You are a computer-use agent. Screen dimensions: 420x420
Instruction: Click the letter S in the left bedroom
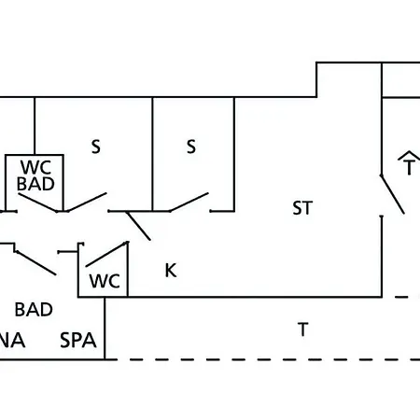point(96,147)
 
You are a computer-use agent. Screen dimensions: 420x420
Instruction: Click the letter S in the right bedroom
point(191,147)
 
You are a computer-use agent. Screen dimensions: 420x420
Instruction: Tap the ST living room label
point(302,208)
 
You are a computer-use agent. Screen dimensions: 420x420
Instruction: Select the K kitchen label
point(171,271)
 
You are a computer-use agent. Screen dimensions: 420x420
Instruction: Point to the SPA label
point(78,340)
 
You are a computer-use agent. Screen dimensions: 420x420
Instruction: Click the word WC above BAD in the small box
point(35,167)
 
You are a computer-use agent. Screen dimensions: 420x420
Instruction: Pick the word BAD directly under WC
point(35,184)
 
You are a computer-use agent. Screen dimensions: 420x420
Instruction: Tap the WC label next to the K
point(105,281)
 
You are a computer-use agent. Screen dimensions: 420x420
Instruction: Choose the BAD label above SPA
point(34,310)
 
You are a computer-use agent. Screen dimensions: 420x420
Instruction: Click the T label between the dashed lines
point(303,329)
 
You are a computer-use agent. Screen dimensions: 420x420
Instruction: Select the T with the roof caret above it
point(410,167)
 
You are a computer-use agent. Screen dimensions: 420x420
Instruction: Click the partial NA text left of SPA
point(12,340)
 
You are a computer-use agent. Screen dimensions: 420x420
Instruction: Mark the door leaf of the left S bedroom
point(87,203)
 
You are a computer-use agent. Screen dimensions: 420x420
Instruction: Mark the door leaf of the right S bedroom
point(189,203)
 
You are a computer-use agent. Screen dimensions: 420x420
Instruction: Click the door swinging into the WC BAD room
point(37,203)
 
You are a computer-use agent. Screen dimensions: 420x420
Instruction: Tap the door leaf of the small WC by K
point(106,254)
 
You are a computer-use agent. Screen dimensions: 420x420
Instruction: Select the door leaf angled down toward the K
point(138,226)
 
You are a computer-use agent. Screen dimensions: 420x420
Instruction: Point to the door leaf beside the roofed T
point(393,195)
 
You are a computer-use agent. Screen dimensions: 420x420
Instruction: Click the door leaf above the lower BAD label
point(36,263)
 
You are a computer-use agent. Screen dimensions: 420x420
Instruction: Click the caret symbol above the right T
point(410,155)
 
